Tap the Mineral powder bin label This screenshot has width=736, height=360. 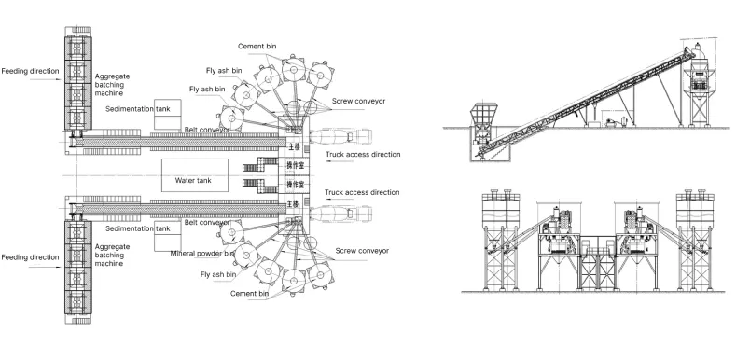(x=201, y=253)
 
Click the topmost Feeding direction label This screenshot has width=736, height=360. (x=30, y=70)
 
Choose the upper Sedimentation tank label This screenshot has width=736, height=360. (x=138, y=109)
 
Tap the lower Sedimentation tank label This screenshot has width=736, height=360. (x=138, y=228)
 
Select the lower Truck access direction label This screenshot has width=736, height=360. (x=361, y=192)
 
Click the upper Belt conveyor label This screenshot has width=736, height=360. (x=204, y=130)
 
